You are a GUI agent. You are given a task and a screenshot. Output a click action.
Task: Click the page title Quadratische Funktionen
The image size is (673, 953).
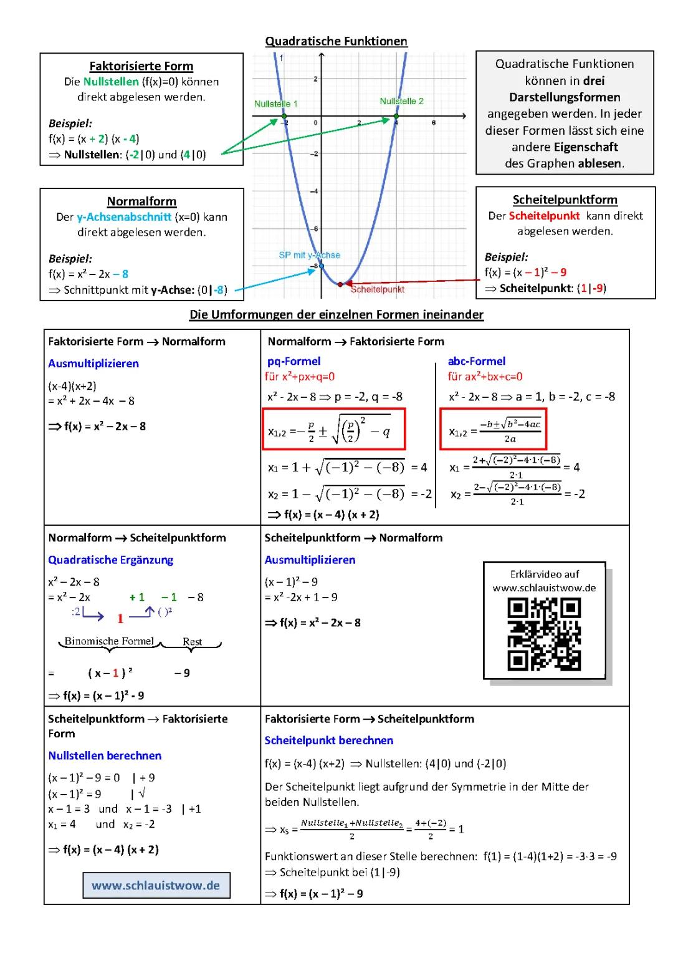click(336, 41)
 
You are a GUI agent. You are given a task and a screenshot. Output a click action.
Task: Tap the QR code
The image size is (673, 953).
click(544, 634)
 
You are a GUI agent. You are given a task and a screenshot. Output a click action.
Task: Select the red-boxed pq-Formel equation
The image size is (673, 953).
click(334, 429)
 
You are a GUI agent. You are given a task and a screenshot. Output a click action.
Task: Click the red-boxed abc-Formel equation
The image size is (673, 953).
click(493, 429)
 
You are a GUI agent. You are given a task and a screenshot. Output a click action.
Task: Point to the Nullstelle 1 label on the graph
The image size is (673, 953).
click(275, 104)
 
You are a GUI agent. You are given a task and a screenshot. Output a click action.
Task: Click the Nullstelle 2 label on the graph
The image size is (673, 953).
click(401, 101)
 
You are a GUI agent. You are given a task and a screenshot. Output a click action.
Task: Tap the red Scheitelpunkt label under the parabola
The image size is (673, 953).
click(378, 289)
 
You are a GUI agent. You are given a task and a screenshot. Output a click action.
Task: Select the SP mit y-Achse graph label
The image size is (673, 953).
click(309, 255)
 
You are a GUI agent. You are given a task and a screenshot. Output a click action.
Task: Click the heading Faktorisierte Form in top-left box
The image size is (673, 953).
click(141, 66)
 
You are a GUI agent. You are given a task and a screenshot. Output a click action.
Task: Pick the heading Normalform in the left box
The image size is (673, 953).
click(141, 201)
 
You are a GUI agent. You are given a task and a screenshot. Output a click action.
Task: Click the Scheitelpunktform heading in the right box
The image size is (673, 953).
click(565, 200)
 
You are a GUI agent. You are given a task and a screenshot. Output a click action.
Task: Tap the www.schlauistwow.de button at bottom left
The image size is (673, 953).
click(156, 886)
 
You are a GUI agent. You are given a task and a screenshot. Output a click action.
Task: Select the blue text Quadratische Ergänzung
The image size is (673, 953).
click(110, 560)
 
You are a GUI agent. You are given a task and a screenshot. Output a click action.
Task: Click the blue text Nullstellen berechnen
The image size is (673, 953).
click(105, 756)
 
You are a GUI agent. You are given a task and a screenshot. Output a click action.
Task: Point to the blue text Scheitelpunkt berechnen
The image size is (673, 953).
click(328, 740)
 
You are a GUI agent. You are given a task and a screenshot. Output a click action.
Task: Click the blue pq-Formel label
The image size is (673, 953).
click(294, 361)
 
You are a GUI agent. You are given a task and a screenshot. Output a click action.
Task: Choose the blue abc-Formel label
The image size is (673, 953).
click(476, 361)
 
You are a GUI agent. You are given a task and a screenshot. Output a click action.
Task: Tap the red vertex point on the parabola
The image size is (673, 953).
click(340, 284)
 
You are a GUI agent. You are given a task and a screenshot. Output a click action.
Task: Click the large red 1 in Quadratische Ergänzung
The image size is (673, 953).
click(120, 619)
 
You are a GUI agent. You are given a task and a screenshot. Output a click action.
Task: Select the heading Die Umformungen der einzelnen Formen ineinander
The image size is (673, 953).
click(336, 314)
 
